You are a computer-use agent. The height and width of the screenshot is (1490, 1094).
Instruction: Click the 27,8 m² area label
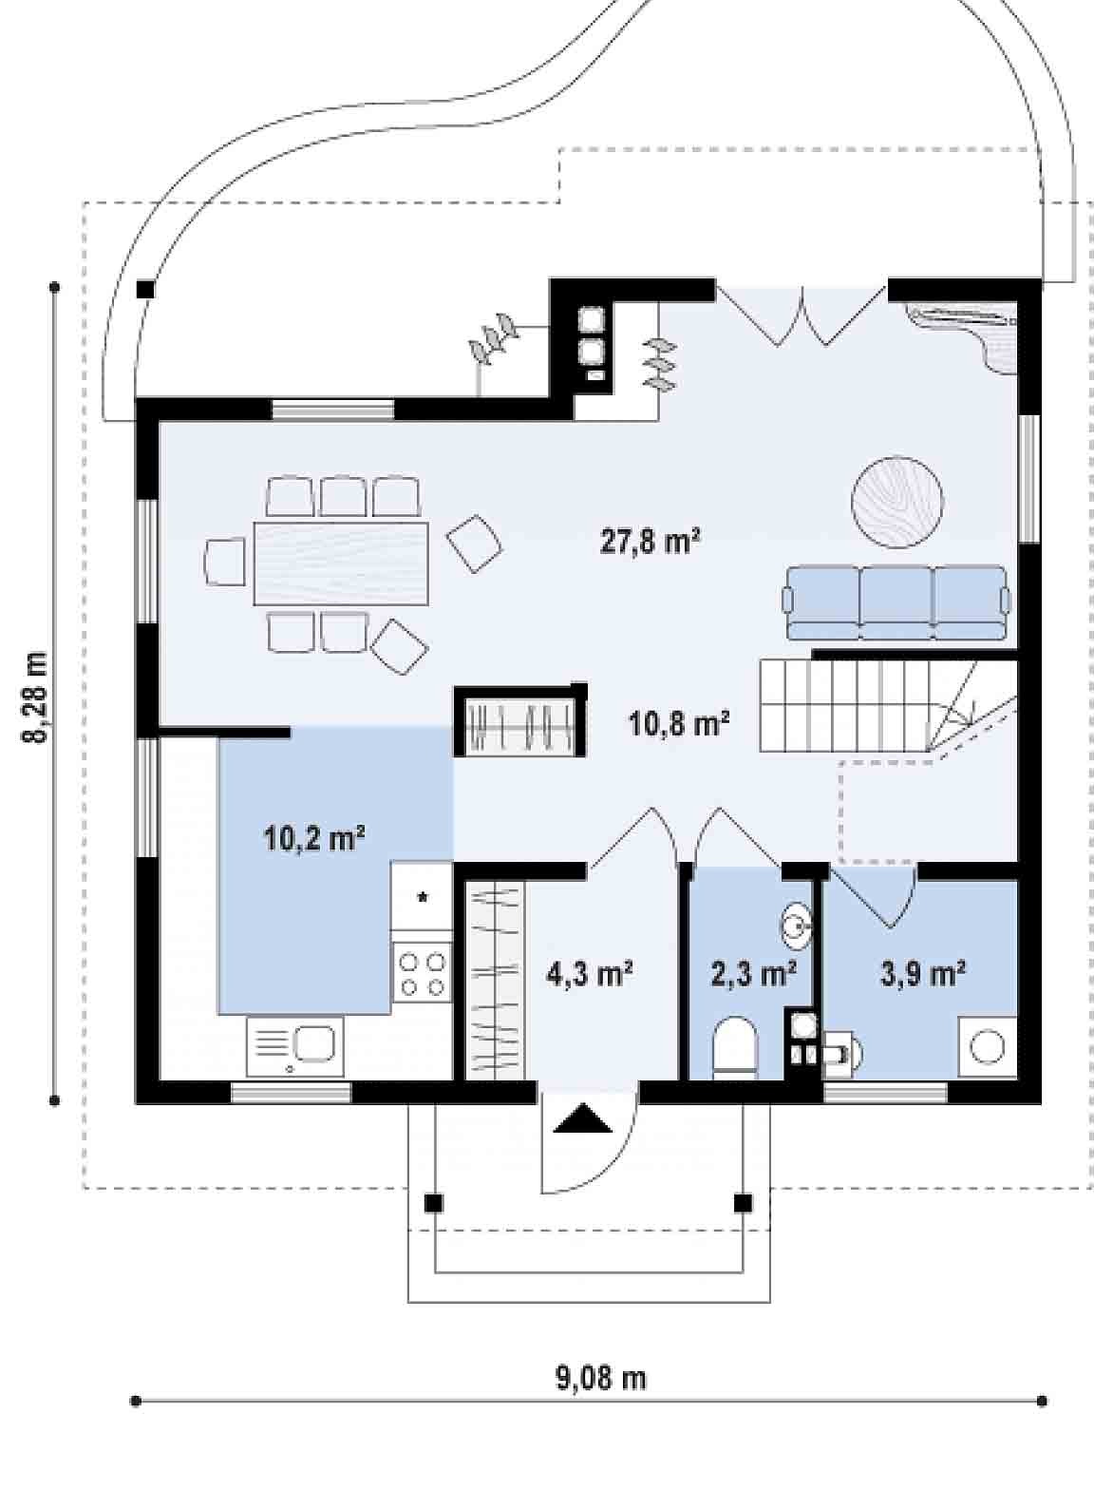pos(650,541)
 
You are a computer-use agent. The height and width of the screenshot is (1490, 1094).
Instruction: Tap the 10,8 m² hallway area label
pos(679,723)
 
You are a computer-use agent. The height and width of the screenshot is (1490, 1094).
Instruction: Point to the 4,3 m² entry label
pos(589,975)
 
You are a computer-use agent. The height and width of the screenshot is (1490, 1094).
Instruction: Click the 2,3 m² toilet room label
pos(754,975)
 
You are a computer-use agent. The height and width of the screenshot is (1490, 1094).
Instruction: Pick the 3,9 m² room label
pos(923,975)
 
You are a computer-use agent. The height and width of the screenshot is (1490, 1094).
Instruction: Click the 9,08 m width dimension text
pos(601,1378)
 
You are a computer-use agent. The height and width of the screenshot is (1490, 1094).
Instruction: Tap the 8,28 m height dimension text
pos(35,697)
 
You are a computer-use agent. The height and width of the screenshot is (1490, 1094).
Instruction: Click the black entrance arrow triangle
pos(583,1117)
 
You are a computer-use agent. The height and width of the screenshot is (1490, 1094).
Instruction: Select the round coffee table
pos(897,502)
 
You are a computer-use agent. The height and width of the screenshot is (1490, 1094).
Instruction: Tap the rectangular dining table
pos(341,564)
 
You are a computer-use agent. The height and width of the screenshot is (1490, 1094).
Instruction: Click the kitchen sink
pos(295,1047)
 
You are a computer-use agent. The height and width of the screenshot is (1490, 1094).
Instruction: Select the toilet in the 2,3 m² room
pos(735,1049)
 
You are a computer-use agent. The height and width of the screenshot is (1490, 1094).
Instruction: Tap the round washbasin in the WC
pos(796,926)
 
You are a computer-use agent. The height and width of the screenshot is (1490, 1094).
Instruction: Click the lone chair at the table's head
pos(225,563)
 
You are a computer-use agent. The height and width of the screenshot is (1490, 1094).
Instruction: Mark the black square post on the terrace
pos(145,290)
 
